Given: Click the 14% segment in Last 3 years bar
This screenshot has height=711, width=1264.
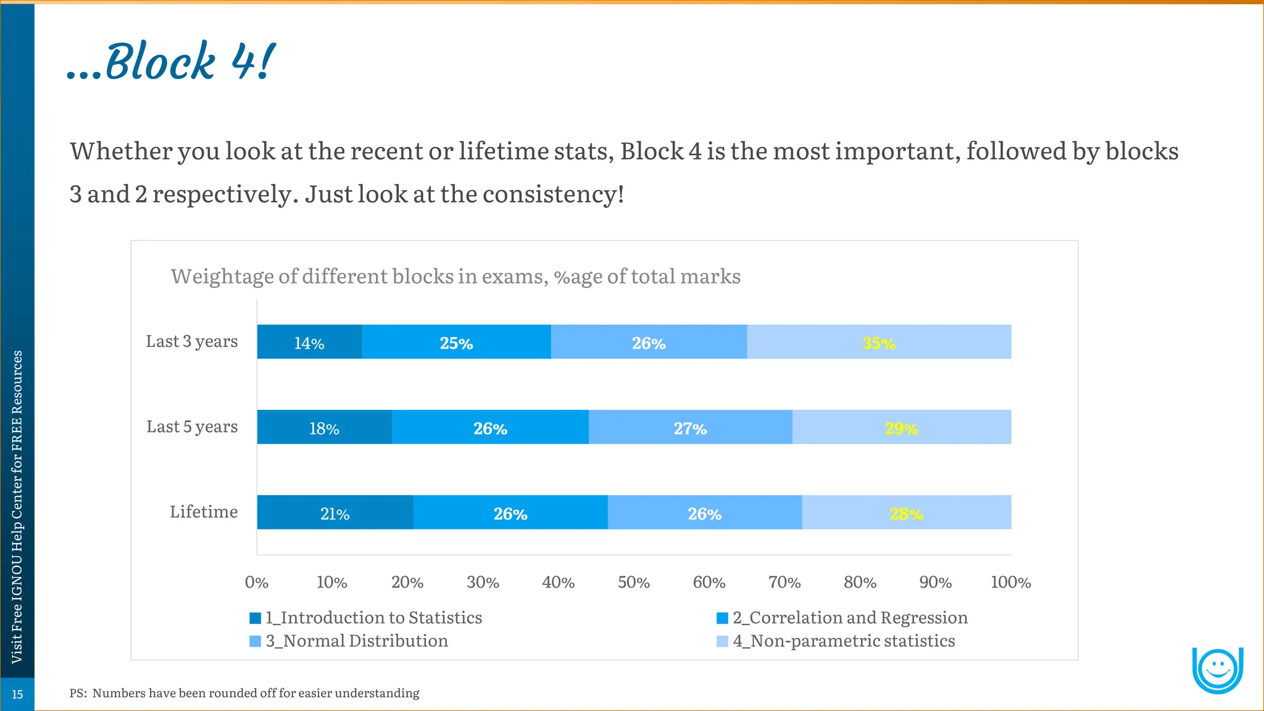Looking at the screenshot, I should coord(309,343).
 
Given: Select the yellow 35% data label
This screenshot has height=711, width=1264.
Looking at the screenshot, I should coord(878,343).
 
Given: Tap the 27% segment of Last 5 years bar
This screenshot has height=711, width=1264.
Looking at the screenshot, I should coord(690,428).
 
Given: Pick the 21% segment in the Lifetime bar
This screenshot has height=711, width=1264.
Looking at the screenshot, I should coord(335,513).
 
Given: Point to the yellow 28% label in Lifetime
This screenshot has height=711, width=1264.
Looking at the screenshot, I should coord(906,513).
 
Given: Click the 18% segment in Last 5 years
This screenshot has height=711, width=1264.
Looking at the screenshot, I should coord(324,428).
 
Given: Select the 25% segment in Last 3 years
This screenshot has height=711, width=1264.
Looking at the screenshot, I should coord(456,343).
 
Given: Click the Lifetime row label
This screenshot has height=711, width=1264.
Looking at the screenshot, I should coord(204,512).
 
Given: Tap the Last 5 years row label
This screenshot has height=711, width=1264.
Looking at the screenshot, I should coord(192,426).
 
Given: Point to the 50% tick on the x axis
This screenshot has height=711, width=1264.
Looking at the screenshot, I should coord(634,582).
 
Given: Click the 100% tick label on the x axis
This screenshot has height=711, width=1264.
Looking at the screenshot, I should coord(1010,582).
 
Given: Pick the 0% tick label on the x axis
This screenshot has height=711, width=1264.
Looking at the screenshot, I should coord(257,582).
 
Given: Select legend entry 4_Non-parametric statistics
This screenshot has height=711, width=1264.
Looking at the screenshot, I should coord(843,641).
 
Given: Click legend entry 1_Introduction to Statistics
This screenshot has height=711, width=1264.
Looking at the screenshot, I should coord(373,618).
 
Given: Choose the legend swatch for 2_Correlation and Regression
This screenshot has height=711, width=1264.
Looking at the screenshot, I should coord(722,618).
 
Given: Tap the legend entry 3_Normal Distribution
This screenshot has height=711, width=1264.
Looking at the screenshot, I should coord(356,641).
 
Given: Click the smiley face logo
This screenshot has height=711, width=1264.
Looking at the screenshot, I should coord(1217,670).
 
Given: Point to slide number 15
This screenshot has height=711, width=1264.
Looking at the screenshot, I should coord(17,694).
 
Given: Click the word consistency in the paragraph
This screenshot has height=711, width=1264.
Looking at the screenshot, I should coord(552,194).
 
